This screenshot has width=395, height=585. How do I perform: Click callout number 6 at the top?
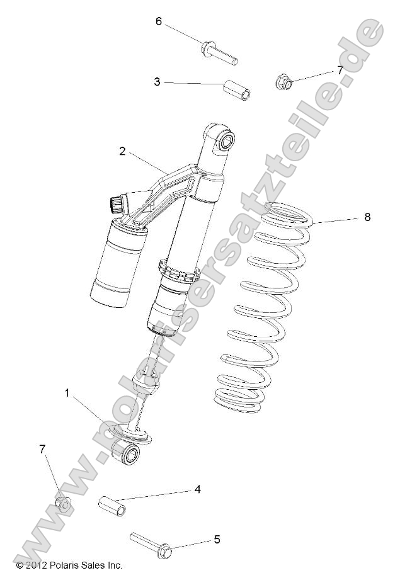point(159,21)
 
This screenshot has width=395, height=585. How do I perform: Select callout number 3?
point(157,82)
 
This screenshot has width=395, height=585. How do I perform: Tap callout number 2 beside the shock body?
point(122,151)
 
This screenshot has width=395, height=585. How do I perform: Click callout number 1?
point(67,394)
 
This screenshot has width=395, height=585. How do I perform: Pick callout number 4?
point(197,489)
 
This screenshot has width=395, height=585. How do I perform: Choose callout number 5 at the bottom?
point(217,539)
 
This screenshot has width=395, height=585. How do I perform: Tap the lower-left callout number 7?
point(43,449)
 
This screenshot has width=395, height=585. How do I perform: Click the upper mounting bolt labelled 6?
point(219,52)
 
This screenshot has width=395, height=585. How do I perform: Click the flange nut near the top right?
point(283,81)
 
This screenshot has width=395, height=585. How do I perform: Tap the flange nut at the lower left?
point(62,503)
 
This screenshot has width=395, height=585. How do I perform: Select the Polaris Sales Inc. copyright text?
point(69,565)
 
